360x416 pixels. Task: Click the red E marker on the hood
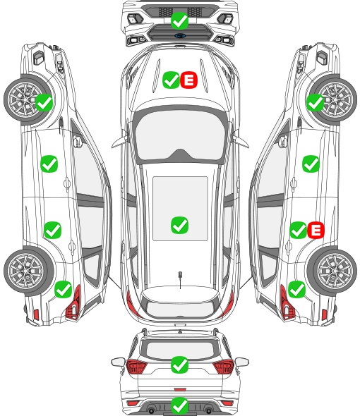189,80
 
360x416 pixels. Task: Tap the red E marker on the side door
316,230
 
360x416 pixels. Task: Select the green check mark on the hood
171,80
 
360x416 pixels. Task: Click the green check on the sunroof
180,225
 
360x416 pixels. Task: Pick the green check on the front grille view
180,20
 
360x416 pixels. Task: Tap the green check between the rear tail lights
180,365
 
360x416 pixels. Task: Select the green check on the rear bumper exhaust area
180,405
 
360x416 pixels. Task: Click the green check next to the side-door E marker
298,230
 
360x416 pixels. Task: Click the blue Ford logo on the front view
180,35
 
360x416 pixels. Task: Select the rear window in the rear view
180,350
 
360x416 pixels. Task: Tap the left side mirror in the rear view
118,362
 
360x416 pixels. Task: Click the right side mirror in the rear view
242,362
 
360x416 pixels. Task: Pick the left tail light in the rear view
136,367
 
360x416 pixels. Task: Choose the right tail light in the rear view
224,367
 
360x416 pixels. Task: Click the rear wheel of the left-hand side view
29,271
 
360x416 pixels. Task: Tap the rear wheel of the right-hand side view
332,271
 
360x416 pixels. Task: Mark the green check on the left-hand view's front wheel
44,103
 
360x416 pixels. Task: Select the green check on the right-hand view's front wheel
316,103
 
